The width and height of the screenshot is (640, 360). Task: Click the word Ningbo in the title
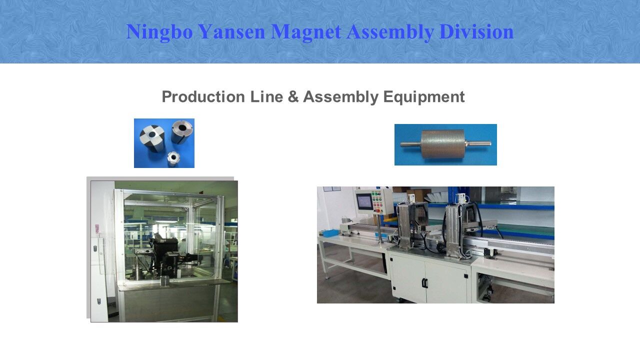(x=159, y=31)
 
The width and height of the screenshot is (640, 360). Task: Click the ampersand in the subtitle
(x=293, y=96)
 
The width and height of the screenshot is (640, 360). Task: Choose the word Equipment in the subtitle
(x=424, y=96)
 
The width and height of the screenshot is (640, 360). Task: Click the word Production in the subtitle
(x=203, y=96)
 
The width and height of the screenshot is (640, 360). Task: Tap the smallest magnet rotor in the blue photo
(x=173, y=158)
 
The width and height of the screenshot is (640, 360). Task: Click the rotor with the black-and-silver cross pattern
(x=152, y=138)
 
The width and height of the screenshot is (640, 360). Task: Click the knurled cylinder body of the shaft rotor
(x=438, y=144)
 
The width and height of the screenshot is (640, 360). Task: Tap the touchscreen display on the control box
(x=364, y=201)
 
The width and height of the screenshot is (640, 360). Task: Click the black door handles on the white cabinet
(x=425, y=282)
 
